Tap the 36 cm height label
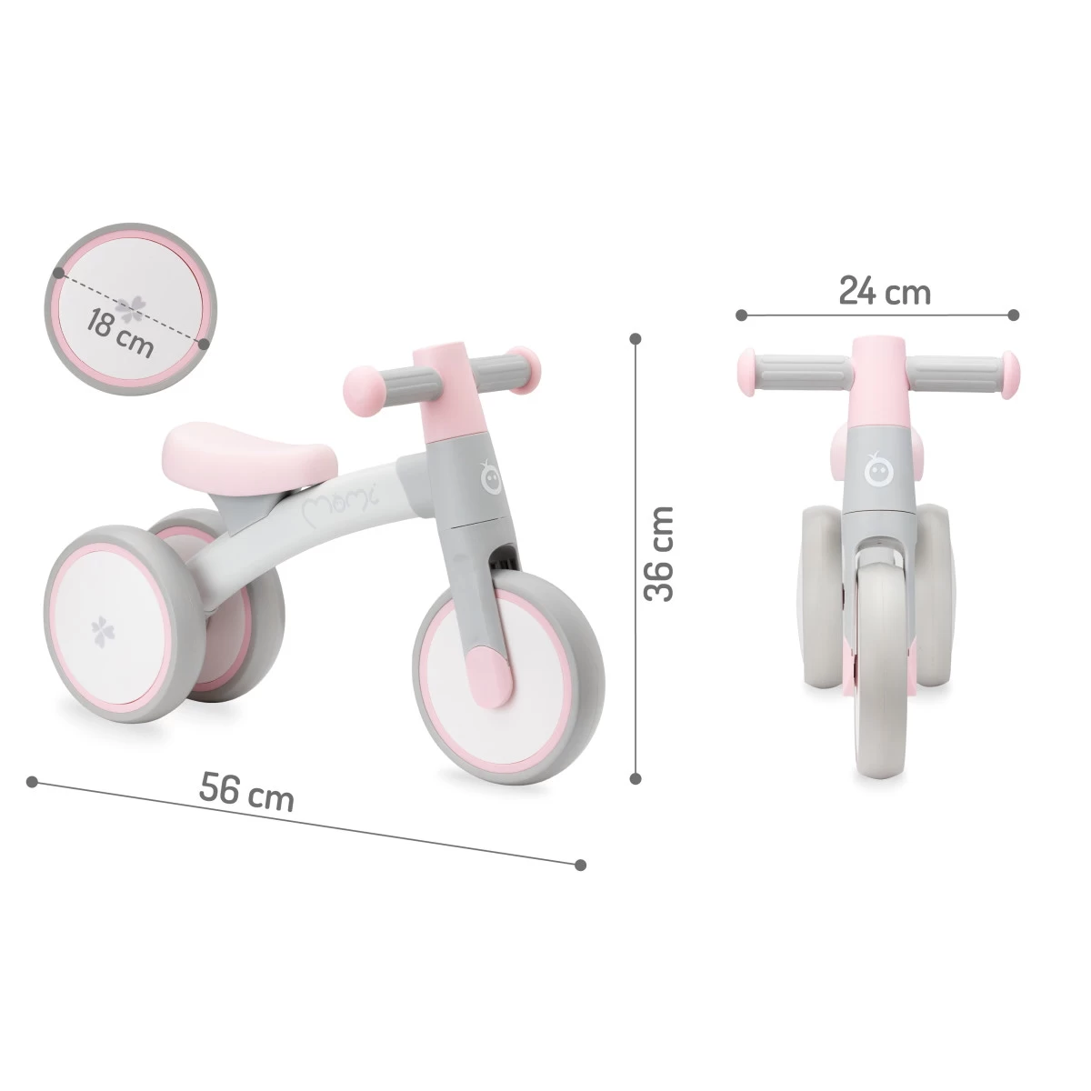(658, 554)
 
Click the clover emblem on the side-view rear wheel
(97, 629)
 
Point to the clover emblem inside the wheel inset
(133, 305)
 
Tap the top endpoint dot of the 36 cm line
(636, 338)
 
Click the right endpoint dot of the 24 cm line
(1013, 315)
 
